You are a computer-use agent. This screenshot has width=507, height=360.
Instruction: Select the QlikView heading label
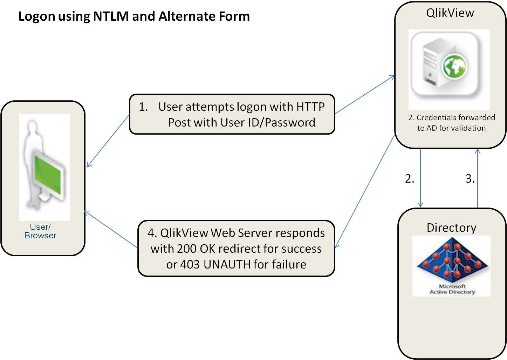(x=450, y=13)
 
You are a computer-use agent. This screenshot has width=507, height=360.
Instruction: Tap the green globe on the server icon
(x=454, y=67)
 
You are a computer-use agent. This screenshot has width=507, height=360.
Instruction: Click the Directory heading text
(x=451, y=228)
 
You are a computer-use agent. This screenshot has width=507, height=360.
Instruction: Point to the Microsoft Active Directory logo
(x=452, y=265)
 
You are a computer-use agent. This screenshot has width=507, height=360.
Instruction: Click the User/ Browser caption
(x=40, y=231)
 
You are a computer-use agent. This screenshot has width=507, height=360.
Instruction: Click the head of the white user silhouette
(x=33, y=127)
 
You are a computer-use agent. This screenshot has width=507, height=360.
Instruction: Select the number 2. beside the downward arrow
(x=409, y=179)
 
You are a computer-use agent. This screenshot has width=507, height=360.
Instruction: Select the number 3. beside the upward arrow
(x=470, y=179)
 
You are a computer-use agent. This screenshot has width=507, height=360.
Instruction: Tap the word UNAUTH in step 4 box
(x=227, y=264)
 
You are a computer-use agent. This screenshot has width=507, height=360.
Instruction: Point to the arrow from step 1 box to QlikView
(x=364, y=95)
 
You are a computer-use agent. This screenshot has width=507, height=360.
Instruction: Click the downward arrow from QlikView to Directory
(x=420, y=179)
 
